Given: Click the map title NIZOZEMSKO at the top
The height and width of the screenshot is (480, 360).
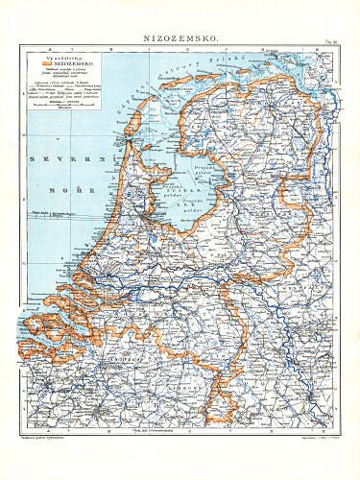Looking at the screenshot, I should click(179, 32).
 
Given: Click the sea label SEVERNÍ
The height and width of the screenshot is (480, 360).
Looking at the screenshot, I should click(49, 157).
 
